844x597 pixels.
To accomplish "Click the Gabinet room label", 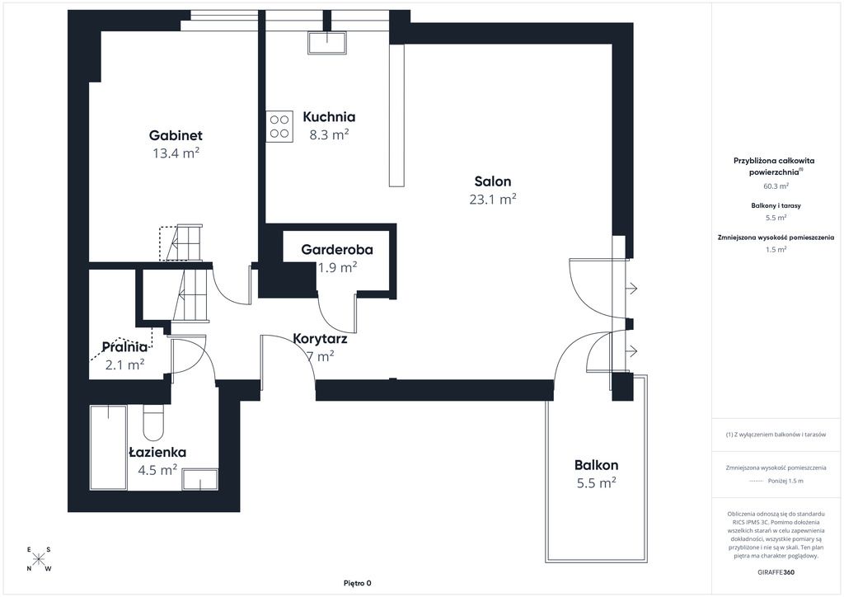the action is coord(176,135).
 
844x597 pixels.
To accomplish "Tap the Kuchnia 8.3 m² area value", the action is coord(329,134).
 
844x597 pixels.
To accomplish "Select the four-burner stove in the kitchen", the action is coord(279,126).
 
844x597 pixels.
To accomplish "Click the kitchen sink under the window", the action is coord(326,43).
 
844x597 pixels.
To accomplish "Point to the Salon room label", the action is coord(493,181).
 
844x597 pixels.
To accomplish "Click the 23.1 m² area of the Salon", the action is coord(493,200).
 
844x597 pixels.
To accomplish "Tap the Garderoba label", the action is coord(337,249).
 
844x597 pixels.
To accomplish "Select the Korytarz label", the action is coord(320,339).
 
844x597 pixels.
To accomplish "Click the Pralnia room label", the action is coord(124,347).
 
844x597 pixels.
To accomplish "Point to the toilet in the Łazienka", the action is coord(153,422).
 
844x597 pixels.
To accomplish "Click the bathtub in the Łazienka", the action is coord(109,448).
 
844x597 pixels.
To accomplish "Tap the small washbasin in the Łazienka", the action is coord(199,479).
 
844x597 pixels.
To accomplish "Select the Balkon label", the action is coord(596,465).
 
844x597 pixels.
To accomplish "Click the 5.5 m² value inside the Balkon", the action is coord(597,483).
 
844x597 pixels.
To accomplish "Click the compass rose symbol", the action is coord(38,559).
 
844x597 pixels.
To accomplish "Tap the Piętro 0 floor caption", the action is coord(358,583).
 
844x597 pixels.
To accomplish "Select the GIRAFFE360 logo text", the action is coord(776,572).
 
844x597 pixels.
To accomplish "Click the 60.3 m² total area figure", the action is coord(776,186).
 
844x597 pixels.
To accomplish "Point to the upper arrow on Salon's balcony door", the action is coord(631,289).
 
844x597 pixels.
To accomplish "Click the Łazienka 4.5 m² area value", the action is coord(157,471).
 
